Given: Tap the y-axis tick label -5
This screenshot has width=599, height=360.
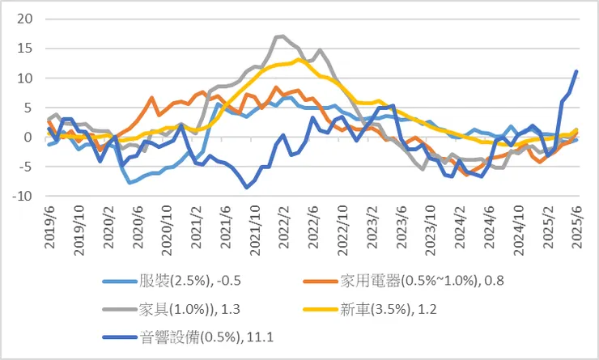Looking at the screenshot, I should click(x=24, y=167).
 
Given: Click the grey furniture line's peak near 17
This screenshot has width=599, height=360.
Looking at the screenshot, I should click(x=280, y=36).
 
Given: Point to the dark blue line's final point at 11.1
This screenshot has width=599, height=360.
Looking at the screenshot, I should click(x=576, y=71).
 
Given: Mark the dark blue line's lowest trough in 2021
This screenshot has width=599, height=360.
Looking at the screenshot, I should click(x=247, y=187).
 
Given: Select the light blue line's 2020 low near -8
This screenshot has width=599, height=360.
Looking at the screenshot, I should click(x=130, y=183).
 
